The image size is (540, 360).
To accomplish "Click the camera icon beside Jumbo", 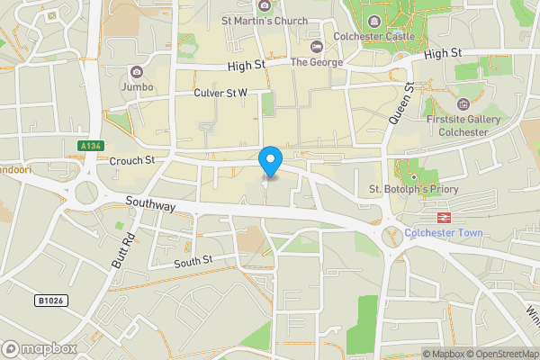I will [136, 72].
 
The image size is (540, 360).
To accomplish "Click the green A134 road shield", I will [89, 145].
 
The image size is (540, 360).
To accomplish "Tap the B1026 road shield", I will [51, 300].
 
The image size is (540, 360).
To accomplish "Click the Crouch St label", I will [132, 160].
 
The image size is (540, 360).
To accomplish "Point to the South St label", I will [193, 261].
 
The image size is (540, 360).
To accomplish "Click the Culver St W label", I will [220, 93].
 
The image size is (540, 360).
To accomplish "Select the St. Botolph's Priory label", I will [414, 189].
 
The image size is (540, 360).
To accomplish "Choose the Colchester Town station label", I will [443, 233].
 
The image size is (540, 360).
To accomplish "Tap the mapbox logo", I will [40, 348].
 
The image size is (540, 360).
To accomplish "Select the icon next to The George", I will [315, 47].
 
